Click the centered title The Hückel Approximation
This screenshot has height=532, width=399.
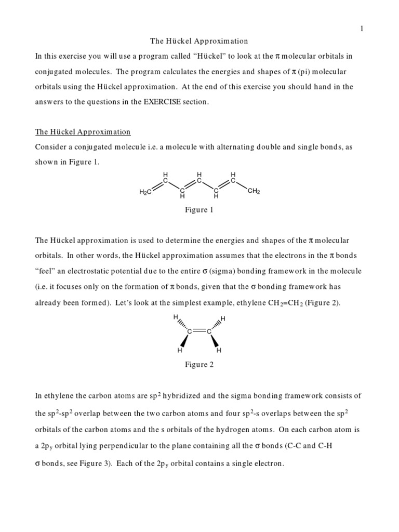click(199, 41)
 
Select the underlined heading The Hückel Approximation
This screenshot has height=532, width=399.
click(83, 132)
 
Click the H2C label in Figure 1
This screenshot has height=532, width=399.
click(145, 192)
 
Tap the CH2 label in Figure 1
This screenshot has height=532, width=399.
click(254, 191)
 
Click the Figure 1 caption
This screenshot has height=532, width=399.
click(199, 210)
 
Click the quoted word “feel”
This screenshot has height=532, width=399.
click(46, 271)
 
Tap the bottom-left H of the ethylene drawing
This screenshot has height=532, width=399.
click(180, 351)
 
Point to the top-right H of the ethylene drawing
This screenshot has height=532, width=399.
click(223, 318)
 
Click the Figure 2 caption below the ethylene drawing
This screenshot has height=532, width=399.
click(199, 365)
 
